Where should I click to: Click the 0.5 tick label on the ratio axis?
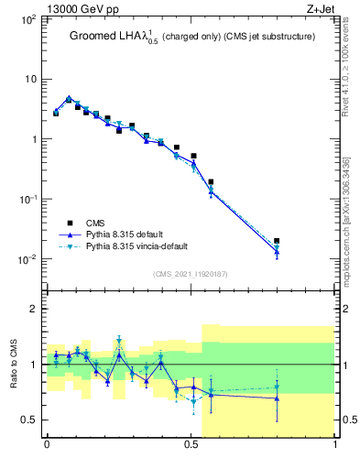[30, 420]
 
